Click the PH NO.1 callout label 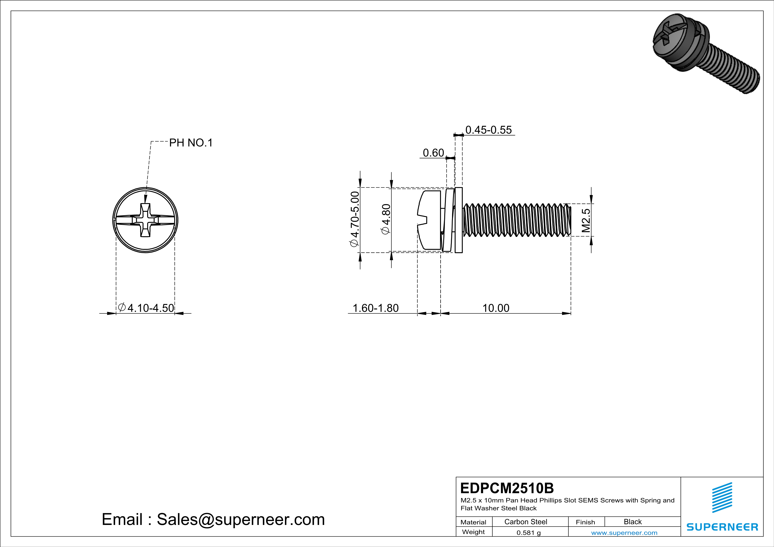click(x=191, y=143)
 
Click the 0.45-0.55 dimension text click(x=488, y=130)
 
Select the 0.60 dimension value click(x=433, y=153)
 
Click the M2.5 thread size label click(x=586, y=220)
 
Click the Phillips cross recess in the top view click(x=145, y=220)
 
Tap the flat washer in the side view click(x=458, y=220)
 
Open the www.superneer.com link click(x=624, y=532)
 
